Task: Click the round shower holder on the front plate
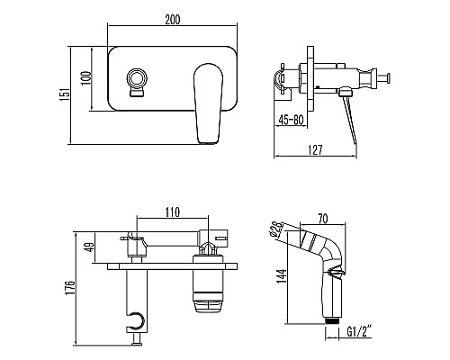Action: [138, 80]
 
